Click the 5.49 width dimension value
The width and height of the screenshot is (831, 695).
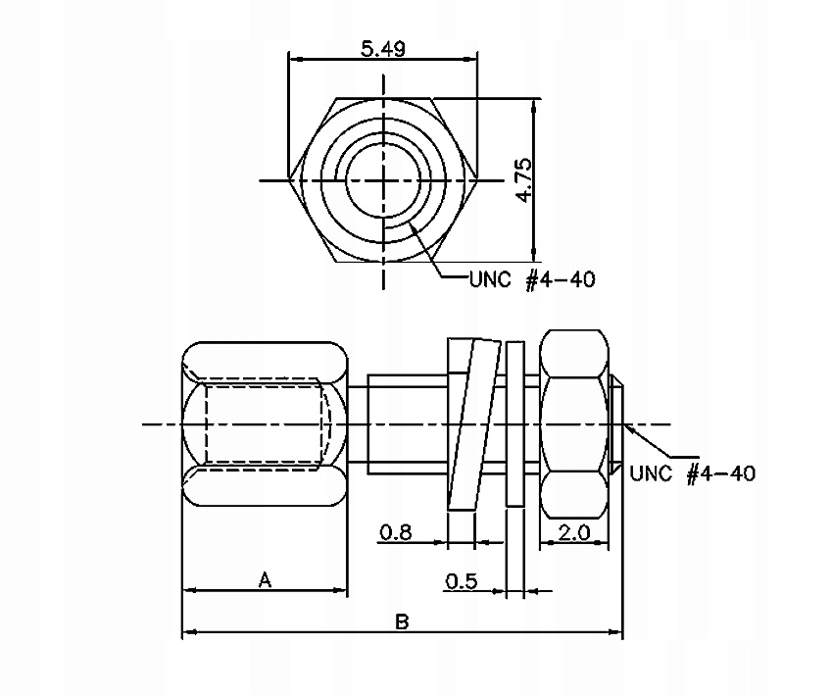click(x=383, y=47)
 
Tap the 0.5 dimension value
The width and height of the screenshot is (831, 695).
click(x=461, y=581)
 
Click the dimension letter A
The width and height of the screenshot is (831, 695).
click(x=265, y=579)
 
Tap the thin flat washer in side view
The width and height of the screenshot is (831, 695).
click(x=514, y=423)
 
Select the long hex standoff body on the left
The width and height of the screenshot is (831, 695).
click(x=265, y=423)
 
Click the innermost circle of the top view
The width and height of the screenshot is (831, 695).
click(x=384, y=180)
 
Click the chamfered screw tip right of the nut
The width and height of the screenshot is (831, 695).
click(x=616, y=423)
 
